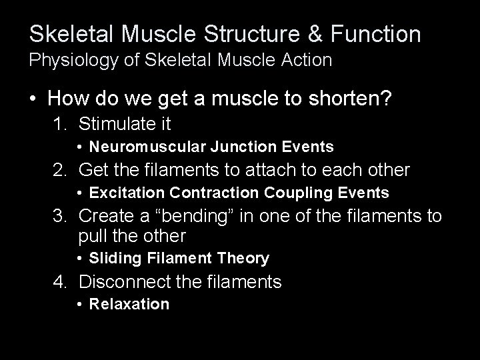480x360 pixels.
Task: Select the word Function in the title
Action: coord(375,33)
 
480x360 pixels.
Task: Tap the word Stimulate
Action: coord(117,123)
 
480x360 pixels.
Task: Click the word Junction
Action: coord(225,147)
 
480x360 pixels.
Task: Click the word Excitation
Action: coord(127,193)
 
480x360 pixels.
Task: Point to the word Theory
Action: coord(245,258)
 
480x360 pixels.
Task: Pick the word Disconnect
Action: coord(128,281)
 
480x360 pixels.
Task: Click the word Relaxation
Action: coord(129,305)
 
